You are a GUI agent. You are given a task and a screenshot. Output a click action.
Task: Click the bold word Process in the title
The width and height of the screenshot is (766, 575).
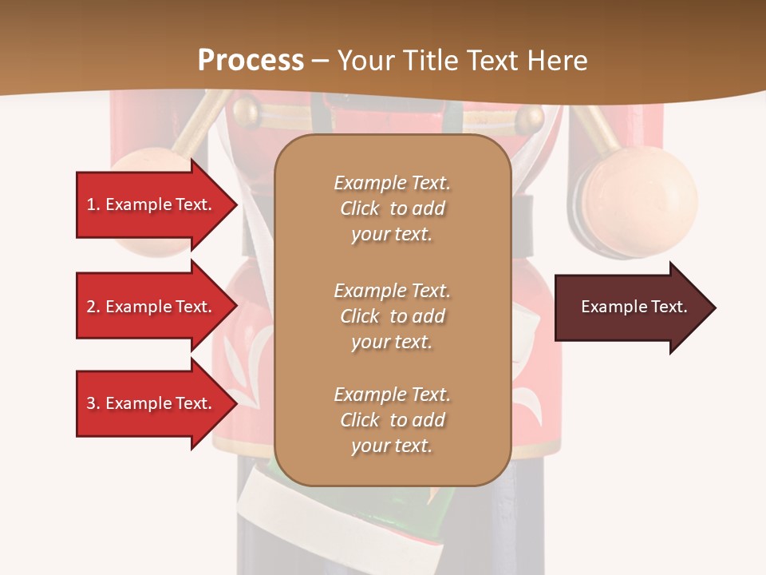[x=251, y=60]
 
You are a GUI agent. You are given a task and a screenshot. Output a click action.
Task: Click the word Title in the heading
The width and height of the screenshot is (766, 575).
[x=432, y=61]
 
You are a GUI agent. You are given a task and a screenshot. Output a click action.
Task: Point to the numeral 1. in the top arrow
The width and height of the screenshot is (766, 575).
[x=93, y=204]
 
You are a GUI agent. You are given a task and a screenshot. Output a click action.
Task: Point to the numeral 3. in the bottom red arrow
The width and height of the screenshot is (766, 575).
[x=93, y=403]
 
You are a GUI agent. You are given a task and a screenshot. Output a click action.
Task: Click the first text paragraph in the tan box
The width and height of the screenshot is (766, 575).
[x=392, y=208]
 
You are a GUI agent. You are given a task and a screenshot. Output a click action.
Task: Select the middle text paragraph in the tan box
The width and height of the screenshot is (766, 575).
[x=392, y=316]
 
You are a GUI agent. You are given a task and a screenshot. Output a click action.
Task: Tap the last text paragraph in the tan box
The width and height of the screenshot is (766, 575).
[x=392, y=420]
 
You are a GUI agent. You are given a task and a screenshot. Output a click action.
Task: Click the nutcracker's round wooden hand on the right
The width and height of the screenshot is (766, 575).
[x=638, y=200]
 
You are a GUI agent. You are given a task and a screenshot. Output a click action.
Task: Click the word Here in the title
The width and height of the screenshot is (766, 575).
[x=559, y=61]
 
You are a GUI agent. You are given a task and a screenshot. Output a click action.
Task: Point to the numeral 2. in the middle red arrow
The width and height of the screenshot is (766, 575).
[x=93, y=307]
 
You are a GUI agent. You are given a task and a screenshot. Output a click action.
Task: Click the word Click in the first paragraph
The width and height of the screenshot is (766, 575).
[x=360, y=209]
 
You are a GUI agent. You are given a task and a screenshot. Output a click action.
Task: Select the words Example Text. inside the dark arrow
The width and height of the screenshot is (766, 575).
[x=634, y=307]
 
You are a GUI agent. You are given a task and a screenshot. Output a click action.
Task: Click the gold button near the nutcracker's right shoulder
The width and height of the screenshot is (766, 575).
[x=530, y=120]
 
